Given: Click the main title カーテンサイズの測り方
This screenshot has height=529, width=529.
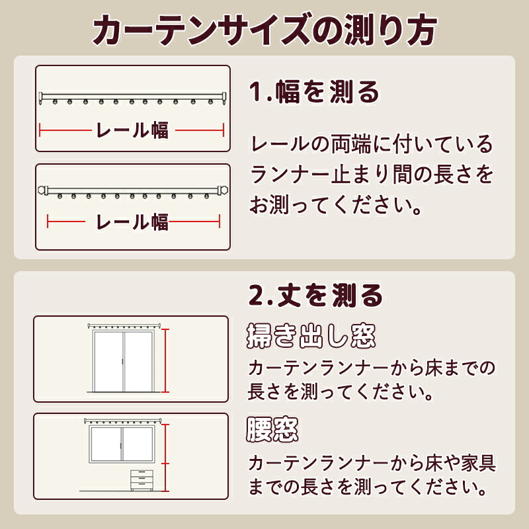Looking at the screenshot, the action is click(x=265, y=30).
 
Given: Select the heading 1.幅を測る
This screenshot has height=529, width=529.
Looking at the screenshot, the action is click(x=314, y=92).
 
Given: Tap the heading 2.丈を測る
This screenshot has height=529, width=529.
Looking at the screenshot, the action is click(x=315, y=295).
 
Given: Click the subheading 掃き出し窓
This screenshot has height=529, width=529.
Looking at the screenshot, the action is click(x=311, y=336).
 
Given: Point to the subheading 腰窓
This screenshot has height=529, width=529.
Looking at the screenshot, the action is click(x=272, y=429).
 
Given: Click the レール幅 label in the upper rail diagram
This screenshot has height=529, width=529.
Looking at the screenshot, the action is click(x=132, y=130).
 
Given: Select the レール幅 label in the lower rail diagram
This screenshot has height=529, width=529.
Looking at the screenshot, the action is click(x=132, y=222).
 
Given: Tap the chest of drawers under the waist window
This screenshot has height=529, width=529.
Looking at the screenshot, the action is click(x=142, y=480).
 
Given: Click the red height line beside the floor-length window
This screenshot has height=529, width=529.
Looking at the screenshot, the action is click(x=165, y=360).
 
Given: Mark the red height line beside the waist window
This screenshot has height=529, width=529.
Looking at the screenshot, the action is click(x=165, y=458).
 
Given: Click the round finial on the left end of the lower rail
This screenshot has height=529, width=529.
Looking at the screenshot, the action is click(x=42, y=190).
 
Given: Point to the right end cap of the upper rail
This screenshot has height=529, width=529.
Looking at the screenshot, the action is click(x=224, y=98).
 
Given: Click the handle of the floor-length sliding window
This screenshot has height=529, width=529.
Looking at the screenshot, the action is click(x=122, y=362).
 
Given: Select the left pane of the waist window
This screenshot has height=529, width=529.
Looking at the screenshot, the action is click(x=106, y=444).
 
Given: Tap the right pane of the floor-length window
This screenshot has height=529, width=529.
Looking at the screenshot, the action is click(x=139, y=362).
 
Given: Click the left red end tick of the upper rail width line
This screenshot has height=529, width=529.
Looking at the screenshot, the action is click(x=40, y=130).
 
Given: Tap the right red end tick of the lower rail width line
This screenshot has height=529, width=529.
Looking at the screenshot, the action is click(x=220, y=222).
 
